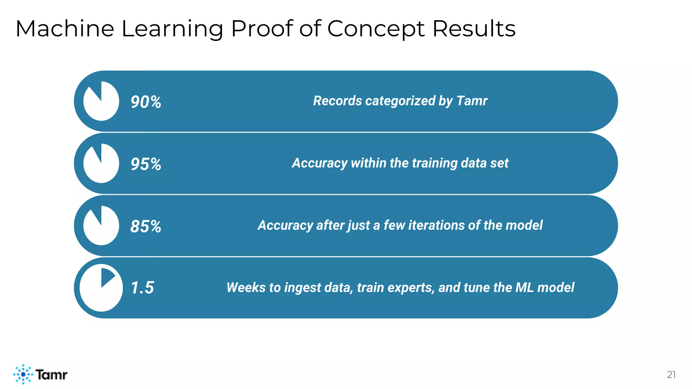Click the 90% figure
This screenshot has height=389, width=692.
coord(146,102)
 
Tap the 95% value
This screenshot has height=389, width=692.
coord(146,164)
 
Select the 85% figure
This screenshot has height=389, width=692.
coord(146,226)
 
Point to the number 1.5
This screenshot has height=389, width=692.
coord(142,288)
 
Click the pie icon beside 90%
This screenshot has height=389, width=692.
coord(101,101)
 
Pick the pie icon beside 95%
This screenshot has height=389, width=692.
coord(101,163)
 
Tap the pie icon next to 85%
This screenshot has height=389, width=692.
coord(101,226)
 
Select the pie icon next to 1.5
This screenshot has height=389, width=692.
coord(101,288)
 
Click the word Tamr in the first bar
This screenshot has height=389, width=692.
coord(472,101)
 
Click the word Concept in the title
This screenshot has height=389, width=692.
coord(375,29)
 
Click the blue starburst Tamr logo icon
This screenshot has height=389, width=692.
coord(23,374)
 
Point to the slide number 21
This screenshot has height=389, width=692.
coord(671,374)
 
